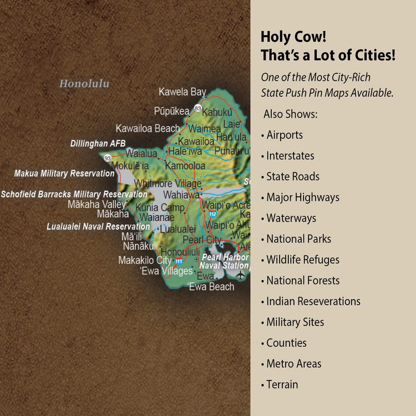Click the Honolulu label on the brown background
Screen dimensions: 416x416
click(x=84, y=84)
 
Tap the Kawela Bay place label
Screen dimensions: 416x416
click(x=182, y=92)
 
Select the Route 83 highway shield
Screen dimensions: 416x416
click(x=198, y=108)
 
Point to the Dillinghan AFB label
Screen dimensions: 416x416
click(x=98, y=144)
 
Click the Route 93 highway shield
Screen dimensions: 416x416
click(x=108, y=158)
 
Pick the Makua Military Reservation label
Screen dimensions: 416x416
click(x=64, y=174)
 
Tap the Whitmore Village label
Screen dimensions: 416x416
click(x=168, y=184)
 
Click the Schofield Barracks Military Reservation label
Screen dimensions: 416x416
click(x=74, y=194)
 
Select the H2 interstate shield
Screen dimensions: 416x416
click(x=212, y=214)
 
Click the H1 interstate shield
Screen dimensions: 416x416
click(x=179, y=261)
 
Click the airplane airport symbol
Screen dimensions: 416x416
click(x=240, y=274)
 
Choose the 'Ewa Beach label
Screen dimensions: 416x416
click(x=211, y=287)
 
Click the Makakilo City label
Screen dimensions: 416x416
click(x=145, y=260)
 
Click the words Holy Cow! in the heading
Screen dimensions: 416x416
click(x=293, y=37)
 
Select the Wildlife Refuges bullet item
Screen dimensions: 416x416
click(x=302, y=260)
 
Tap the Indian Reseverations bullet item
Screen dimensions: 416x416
click(x=313, y=301)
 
